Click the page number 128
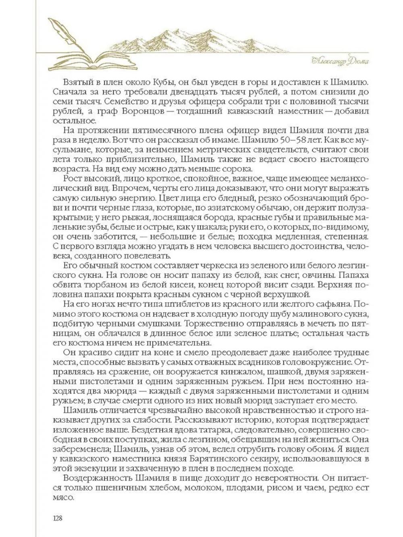point(57,518)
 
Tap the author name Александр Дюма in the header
point(341,61)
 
